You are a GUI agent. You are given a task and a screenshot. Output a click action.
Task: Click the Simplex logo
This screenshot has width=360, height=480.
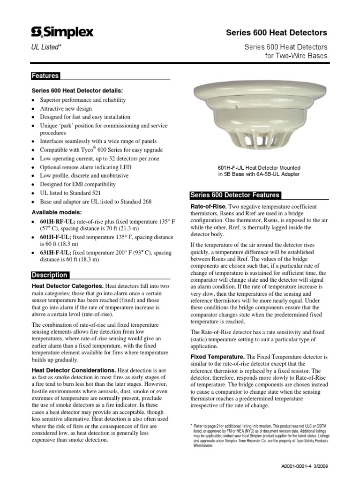(62, 32)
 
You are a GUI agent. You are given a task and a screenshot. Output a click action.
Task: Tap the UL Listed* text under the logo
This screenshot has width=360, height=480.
(46, 47)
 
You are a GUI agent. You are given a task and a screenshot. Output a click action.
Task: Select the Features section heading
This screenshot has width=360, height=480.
(45, 76)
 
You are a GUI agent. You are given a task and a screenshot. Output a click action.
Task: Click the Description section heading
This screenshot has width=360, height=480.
(50, 275)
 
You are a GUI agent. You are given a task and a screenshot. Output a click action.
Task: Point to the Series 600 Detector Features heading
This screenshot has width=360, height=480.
(234, 195)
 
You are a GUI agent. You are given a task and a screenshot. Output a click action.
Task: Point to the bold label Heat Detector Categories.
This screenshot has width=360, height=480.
(67, 285)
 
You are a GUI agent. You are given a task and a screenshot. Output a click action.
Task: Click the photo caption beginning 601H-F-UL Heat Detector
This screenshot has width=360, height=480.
(259, 171)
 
